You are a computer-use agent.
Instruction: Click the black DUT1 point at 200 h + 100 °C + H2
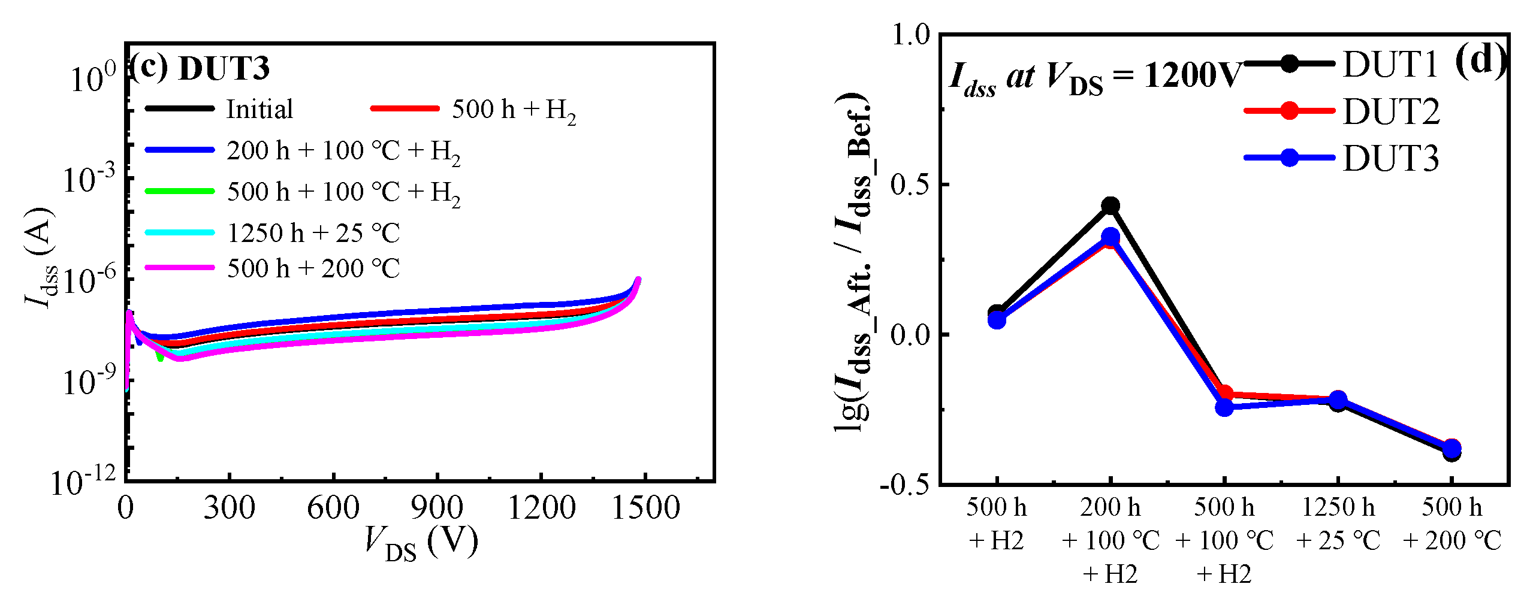tap(1110, 205)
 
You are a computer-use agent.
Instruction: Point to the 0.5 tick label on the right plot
tap(909, 184)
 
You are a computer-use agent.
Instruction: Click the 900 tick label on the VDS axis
tap(437, 508)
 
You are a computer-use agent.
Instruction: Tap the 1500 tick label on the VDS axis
tap(645, 508)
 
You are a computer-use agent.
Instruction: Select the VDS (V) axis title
tap(422, 542)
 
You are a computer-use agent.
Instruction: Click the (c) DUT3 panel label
tap(200, 68)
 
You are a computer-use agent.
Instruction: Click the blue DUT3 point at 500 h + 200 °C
tap(1451, 449)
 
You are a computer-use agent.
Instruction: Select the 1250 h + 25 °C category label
tap(1338, 524)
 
